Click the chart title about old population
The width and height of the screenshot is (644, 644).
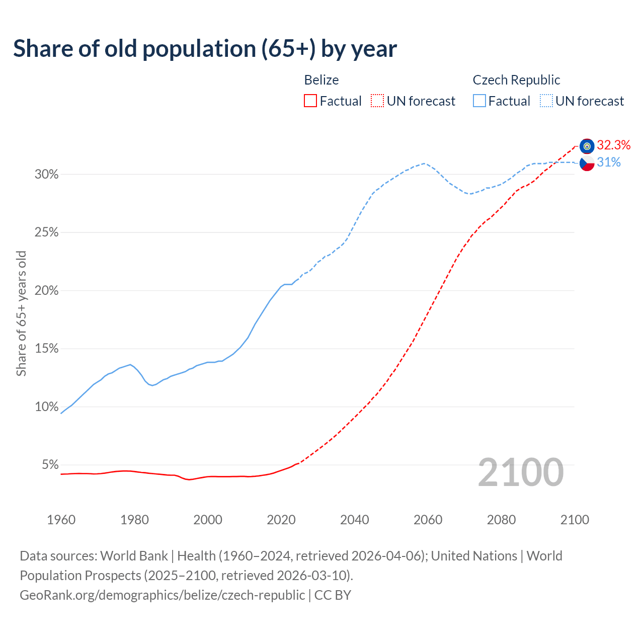[x=205, y=49]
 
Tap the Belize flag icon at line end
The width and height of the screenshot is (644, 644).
[x=587, y=146]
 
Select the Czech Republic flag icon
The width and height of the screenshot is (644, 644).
[x=587, y=163]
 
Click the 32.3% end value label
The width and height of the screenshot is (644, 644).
[x=613, y=145]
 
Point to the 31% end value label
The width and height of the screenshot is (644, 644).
[x=609, y=162]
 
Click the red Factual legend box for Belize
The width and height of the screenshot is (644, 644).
[x=310, y=101]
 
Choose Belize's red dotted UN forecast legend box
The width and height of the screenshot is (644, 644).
[x=377, y=101]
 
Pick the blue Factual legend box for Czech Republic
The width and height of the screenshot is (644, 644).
[x=479, y=101]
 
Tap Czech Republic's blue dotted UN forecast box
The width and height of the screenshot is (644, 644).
[x=546, y=101]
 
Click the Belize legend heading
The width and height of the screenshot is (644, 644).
[x=321, y=80]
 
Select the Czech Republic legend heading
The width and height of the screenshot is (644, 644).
[x=516, y=80]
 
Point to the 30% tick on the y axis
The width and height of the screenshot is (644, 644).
[x=46, y=175]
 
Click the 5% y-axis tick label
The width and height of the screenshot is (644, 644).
[x=50, y=465]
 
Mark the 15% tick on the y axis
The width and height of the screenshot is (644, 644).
[x=46, y=349]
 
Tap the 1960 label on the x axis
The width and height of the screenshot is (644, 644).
[x=61, y=520]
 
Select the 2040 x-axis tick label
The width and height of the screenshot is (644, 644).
[x=355, y=520]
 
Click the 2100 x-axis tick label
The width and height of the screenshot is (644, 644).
[x=575, y=520]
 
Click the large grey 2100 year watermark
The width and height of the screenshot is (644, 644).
[x=521, y=472]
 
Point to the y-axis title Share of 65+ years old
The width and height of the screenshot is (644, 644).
[x=21, y=313]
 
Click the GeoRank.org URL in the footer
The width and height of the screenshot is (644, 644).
[x=162, y=595]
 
